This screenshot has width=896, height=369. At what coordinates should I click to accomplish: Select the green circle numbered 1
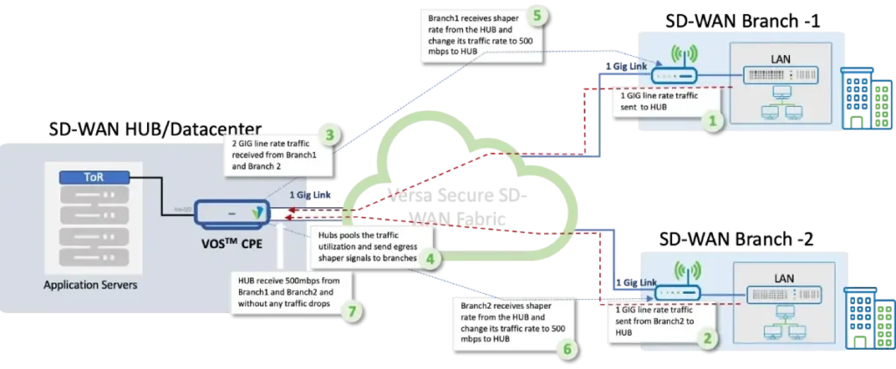point(716,121)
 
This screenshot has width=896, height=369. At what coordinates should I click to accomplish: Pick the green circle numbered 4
point(430,258)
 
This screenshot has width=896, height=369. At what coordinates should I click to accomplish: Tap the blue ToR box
point(90,178)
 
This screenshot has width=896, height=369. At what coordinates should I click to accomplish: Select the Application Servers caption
point(90,284)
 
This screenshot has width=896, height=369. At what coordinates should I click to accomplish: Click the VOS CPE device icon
point(233,213)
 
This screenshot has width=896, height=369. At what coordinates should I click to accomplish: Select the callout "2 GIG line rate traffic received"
point(278,152)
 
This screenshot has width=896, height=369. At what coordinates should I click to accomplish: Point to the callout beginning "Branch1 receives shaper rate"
point(482,33)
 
